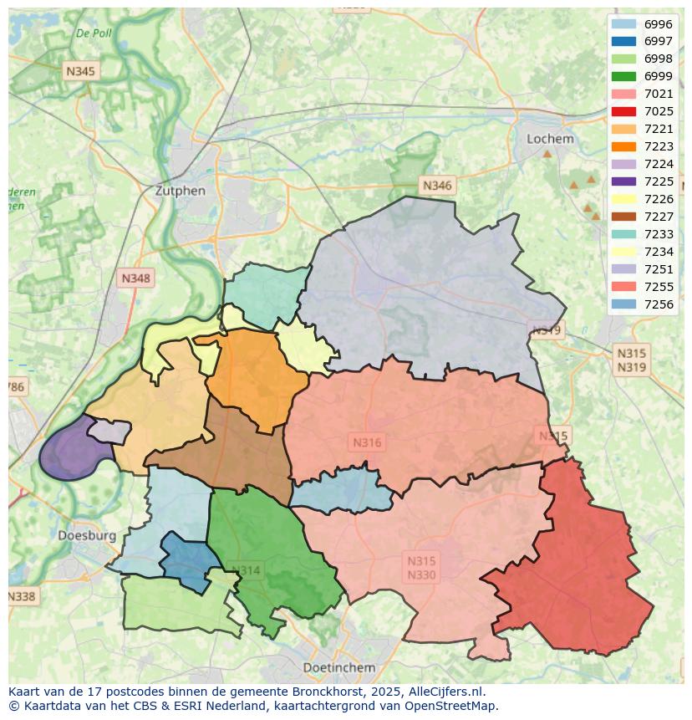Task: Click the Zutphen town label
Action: (x=180, y=191)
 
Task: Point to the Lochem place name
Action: (x=550, y=139)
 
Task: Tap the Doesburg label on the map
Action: (x=87, y=535)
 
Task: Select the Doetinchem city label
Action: (x=338, y=667)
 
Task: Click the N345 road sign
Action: (x=80, y=72)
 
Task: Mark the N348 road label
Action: (x=136, y=278)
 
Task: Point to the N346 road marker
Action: (x=437, y=186)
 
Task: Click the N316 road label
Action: (x=367, y=442)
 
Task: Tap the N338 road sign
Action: (x=22, y=596)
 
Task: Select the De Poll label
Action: (x=93, y=33)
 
